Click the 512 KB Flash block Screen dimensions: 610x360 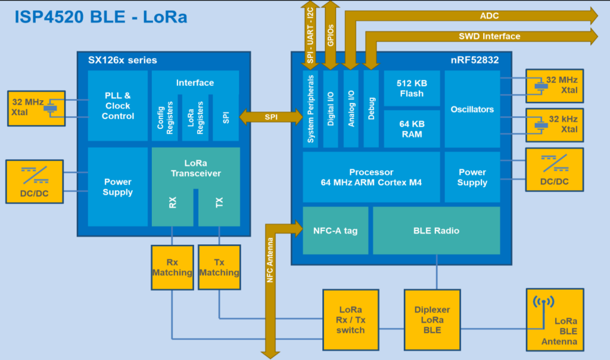point(412,88)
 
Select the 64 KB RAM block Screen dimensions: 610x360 point(412,129)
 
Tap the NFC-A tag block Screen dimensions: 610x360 point(335,231)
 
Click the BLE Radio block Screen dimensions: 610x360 point(437,231)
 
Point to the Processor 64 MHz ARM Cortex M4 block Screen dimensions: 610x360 point(371,177)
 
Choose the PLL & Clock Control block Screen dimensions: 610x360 point(117,105)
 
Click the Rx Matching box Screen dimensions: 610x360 point(172,268)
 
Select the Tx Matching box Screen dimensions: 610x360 point(219,268)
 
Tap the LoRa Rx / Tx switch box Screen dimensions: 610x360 point(350,320)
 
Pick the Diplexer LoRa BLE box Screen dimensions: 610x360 point(432,320)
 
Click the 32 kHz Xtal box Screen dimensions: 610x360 point(555,125)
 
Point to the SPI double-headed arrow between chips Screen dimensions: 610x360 point(271,117)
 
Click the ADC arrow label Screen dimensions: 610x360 point(489,16)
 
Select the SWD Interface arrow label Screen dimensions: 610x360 point(490,36)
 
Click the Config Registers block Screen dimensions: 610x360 point(165,117)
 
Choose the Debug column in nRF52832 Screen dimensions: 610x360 point(371,108)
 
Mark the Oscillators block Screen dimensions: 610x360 point(472,109)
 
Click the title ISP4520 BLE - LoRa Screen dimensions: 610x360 point(101,17)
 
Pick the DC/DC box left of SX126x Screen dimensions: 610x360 point(35,181)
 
